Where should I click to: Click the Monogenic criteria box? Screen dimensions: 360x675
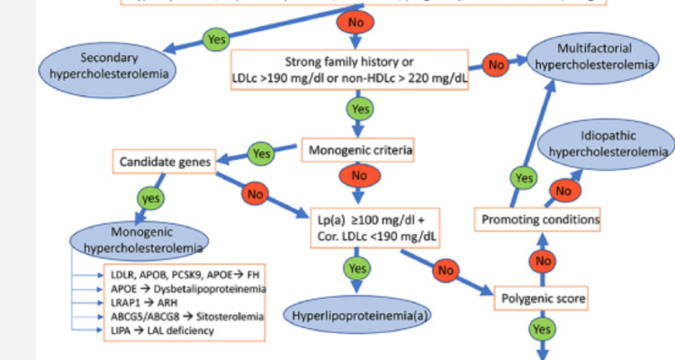tap(355, 149)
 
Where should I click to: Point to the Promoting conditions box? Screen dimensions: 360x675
tap(538, 220)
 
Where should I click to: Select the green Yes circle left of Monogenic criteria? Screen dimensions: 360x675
tap(260, 153)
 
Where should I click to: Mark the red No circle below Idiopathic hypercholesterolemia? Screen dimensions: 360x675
tap(562, 190)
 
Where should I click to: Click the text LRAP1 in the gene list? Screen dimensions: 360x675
tap(113, 304)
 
